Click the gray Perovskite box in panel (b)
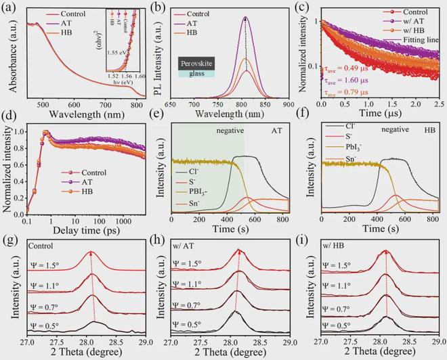(198, 64)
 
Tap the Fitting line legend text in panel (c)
(421, 40)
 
